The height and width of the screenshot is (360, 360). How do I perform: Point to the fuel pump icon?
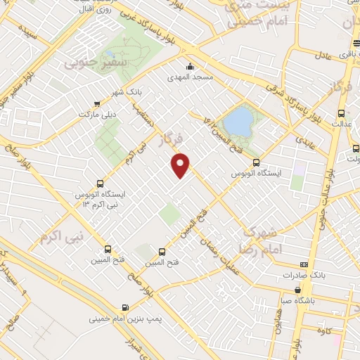click(125, 307)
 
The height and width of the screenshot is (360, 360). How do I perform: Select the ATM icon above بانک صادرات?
click(303, 265)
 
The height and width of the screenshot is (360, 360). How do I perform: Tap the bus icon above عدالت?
click(341, 113)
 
